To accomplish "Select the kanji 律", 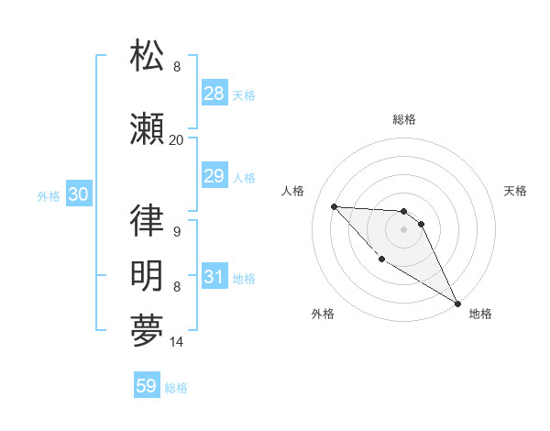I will click(148, 221).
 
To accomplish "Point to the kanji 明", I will click(148, 275).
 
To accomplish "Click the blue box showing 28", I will click(214, 94).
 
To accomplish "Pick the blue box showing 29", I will click(214, 176).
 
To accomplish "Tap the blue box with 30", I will click(78, 195).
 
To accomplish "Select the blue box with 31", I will click(214, 278).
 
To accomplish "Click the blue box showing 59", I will click(147, 386).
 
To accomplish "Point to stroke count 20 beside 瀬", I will click(176, 140).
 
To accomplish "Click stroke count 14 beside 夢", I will click(177, 343).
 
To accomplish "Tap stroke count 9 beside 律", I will click(176, 232).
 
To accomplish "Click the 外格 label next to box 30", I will click(48, 196).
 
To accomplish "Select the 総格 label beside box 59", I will click(176, 388).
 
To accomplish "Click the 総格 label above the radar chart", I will click(404, 119).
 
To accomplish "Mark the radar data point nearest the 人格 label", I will click(334, 206).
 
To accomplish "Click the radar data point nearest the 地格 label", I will click(459, 304).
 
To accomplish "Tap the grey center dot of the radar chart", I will click(404, 229).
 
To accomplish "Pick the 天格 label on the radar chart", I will click(516, 191).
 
